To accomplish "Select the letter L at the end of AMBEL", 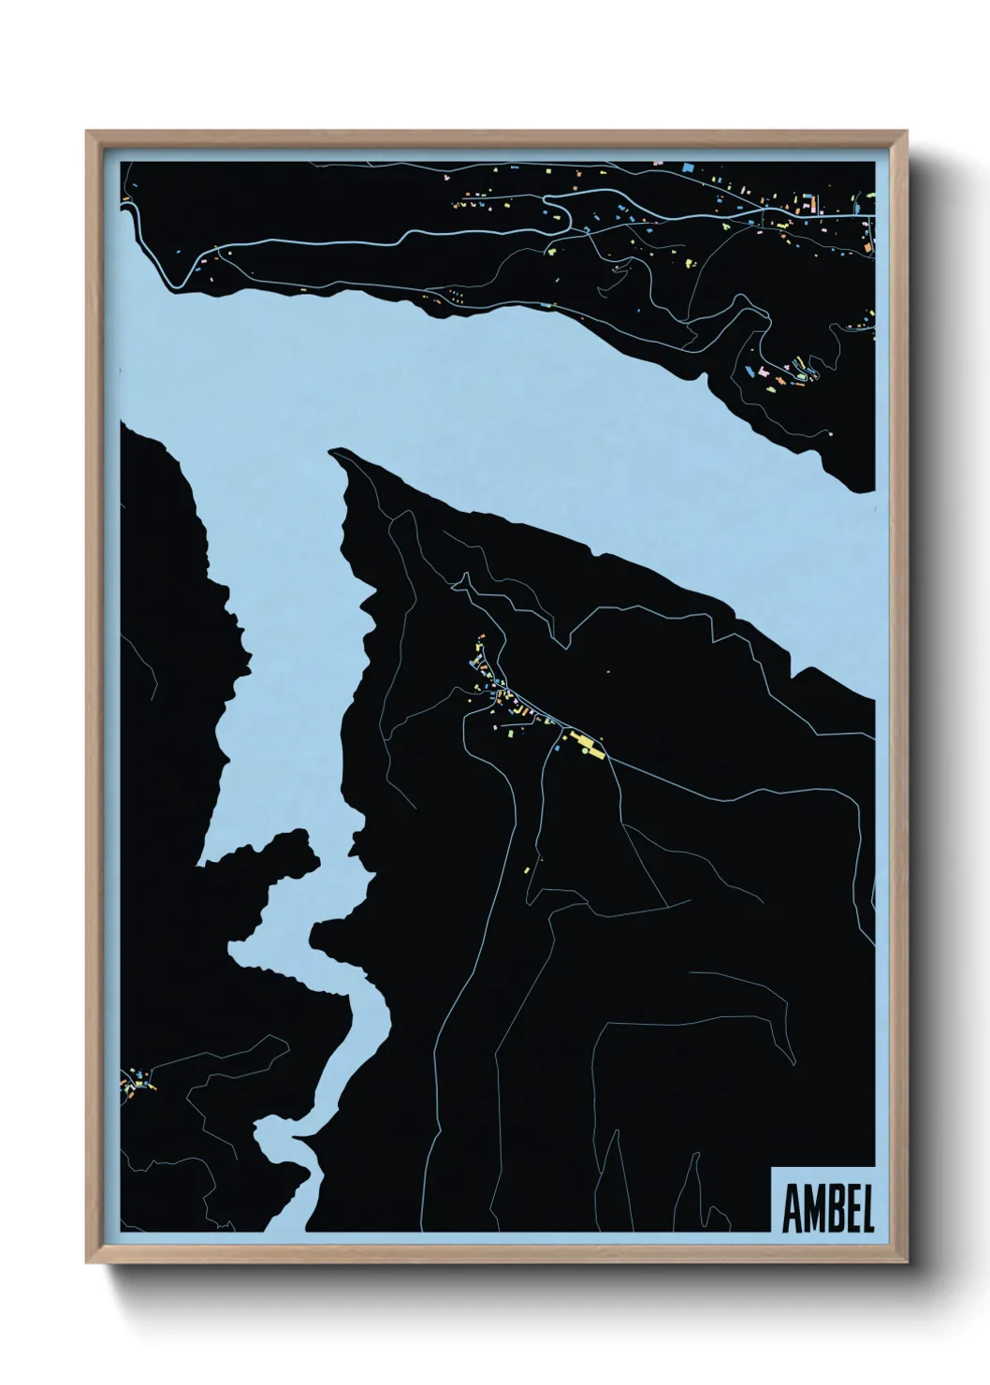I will pos(866,1210).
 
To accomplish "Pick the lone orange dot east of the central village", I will pos(608,672).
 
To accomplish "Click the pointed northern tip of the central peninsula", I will pos(333,454).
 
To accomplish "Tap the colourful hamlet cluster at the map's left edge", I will pos(136,1083).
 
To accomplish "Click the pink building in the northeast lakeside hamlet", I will pos(764,374).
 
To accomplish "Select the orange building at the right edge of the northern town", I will pos(868,244).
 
